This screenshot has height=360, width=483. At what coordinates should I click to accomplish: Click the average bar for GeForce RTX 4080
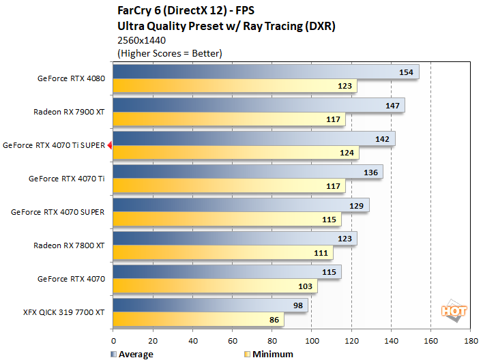coord(265,72)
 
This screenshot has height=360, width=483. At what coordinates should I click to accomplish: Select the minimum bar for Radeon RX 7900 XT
coord(229,119)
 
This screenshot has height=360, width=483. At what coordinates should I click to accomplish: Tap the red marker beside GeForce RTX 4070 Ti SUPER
coord(109,145)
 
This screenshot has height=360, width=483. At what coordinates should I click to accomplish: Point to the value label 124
coord(347,153)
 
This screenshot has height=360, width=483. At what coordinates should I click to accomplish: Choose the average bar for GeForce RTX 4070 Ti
coord(247,172)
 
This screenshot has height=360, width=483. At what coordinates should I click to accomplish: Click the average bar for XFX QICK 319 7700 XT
coord(209,306)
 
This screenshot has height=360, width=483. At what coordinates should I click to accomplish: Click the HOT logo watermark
coord(454,311)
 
